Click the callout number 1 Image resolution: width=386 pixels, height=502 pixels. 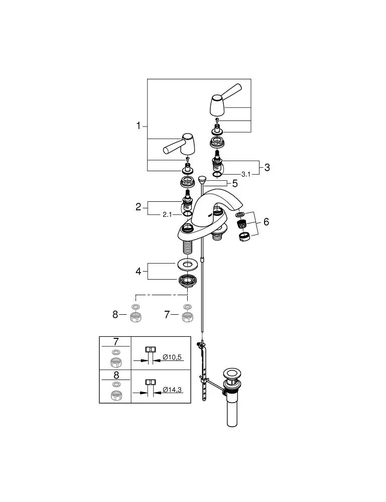pos(139,125)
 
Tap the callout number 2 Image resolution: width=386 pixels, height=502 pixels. pos(139,206)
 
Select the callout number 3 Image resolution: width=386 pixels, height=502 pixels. pos(267,167)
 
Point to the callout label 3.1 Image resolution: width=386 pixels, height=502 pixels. pos(246,174)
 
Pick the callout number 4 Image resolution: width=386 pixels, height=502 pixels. pos(139,271)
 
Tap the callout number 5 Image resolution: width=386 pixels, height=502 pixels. pos(234,183)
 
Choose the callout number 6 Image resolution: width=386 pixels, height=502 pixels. pos(266,221)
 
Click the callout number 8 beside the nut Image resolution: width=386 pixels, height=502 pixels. pos(115,314)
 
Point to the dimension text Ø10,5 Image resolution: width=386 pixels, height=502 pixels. pos(172,357)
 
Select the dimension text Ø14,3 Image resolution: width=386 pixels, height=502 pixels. pos(172,389)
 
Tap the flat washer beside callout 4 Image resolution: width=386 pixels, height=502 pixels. pos(187,263)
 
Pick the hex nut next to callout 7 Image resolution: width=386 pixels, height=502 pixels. pos(187,317)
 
